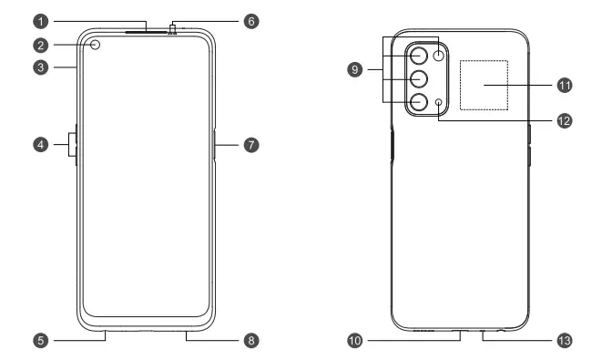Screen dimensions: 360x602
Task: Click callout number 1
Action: pos(40,19)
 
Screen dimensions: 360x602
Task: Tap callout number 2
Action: pos(40,44)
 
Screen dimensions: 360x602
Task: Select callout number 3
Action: pos(40,67)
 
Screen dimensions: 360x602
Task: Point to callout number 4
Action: pos(40,144)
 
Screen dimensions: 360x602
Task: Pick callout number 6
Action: pos(251,19)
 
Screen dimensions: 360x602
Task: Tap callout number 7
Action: pos(251,144)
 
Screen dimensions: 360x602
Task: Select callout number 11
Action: pos(564,84)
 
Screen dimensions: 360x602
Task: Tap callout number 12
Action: pos(564,120)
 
